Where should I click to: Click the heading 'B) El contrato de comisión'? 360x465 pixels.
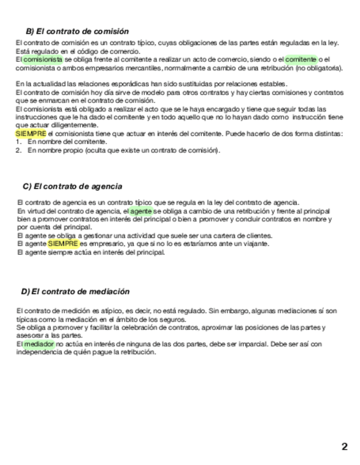[77, 31]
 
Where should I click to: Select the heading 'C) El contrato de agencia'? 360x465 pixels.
[72, 186]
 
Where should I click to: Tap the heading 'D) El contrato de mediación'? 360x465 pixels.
[75, 291]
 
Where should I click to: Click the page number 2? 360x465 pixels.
[344, 446]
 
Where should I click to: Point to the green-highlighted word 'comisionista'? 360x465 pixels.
[43, 59]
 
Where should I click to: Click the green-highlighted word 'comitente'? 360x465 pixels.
[301, 59]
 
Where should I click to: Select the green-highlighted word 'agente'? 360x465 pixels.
[141, 211]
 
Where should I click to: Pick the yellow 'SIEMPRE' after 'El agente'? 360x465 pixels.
[63, 243]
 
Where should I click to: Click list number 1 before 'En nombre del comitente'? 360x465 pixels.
[18, 142]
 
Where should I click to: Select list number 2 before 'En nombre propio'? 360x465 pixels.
[18, 150]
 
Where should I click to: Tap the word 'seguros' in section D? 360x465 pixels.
[174, 319]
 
